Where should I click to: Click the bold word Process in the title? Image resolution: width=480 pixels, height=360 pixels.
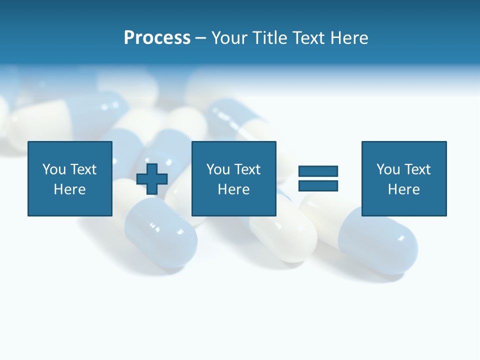point(157,38)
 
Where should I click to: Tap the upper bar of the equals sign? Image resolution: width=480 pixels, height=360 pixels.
point(318,171)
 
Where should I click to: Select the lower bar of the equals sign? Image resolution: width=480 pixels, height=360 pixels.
point(318,186)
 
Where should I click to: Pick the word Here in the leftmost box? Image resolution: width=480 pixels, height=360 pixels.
point(70,189)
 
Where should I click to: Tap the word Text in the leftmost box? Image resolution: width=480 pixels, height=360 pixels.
point(83,169)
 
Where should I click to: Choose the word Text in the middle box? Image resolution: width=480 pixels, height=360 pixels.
point(247,169)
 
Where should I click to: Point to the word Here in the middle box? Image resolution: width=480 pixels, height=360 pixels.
point(234,189)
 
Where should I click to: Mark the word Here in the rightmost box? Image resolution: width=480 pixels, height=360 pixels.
point(404,189)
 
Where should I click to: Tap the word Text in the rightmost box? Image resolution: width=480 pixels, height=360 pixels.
point(417,169)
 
